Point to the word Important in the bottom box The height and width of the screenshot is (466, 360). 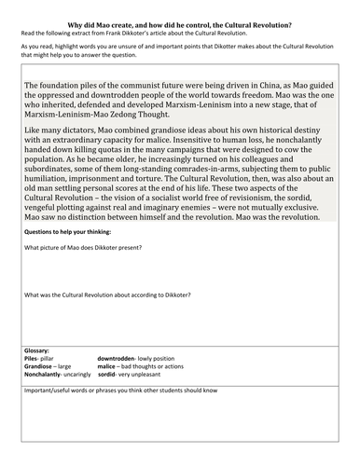click(x=41, y=417)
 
